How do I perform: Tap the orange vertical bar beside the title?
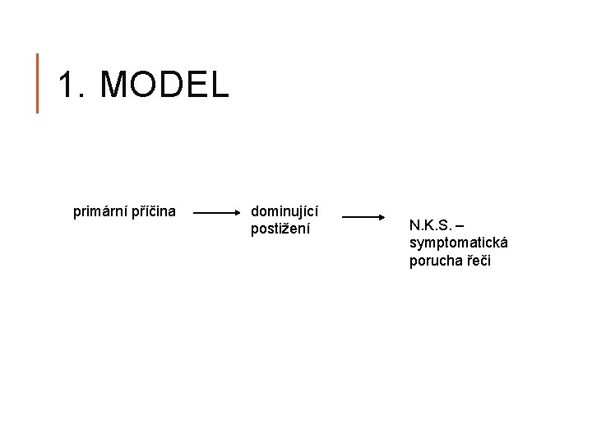pyautogui.click(x=37, y=82)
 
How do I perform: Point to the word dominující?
pyautogui.click(x=284, y=211)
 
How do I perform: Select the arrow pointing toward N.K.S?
pyautogui.click(x=365, y=217)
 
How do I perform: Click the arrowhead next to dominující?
pyautogui.click(x=235, y=212)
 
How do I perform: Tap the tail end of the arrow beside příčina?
pyautogui.click(x=195, y=212)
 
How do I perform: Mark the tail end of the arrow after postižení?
pyautogui.click(x=344, y=217)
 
